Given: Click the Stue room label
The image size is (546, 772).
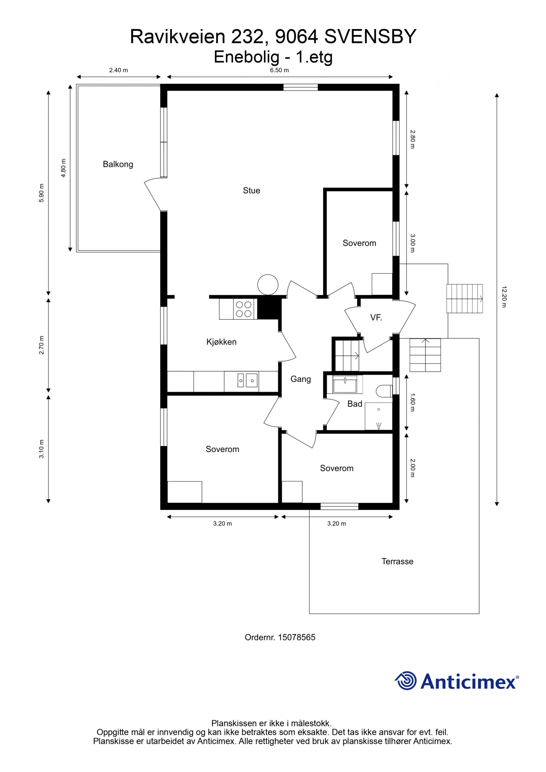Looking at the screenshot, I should (251, 190).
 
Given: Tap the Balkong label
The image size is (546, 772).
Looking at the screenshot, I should (118, 164).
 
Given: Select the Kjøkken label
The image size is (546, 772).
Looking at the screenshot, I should (221, 342).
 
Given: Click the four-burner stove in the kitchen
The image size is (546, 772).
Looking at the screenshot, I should (244, 309).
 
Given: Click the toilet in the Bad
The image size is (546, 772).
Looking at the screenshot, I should (384, 391).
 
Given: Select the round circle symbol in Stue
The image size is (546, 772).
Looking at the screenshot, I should (268, 285).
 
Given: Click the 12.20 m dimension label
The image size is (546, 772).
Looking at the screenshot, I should (504, 297).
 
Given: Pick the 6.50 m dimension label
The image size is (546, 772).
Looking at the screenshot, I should (279, 70).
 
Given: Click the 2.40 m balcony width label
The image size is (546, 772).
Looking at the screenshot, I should (118, 70).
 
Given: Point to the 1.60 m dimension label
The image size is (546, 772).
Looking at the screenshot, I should (412, 402).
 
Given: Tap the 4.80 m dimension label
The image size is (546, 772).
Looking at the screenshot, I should (63, 168).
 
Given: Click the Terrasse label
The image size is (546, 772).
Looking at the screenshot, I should (397, 561).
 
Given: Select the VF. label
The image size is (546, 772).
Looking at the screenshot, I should (376, 318).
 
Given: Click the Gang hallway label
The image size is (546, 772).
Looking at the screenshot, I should (300, 379).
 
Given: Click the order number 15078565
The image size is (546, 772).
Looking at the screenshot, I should (296, 637).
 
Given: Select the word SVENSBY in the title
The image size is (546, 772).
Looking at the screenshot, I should (370, 36).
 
